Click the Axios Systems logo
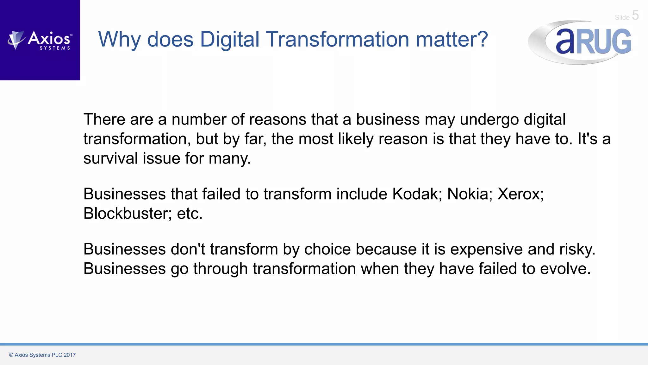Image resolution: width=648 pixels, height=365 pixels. click(40, 40)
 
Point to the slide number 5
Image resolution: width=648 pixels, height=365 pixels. click(635, 15)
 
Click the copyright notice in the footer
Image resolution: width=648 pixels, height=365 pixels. click(42, 355)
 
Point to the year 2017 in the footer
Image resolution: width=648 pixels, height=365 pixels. click(70, 355)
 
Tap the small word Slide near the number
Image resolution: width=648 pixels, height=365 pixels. click(622, 17)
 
